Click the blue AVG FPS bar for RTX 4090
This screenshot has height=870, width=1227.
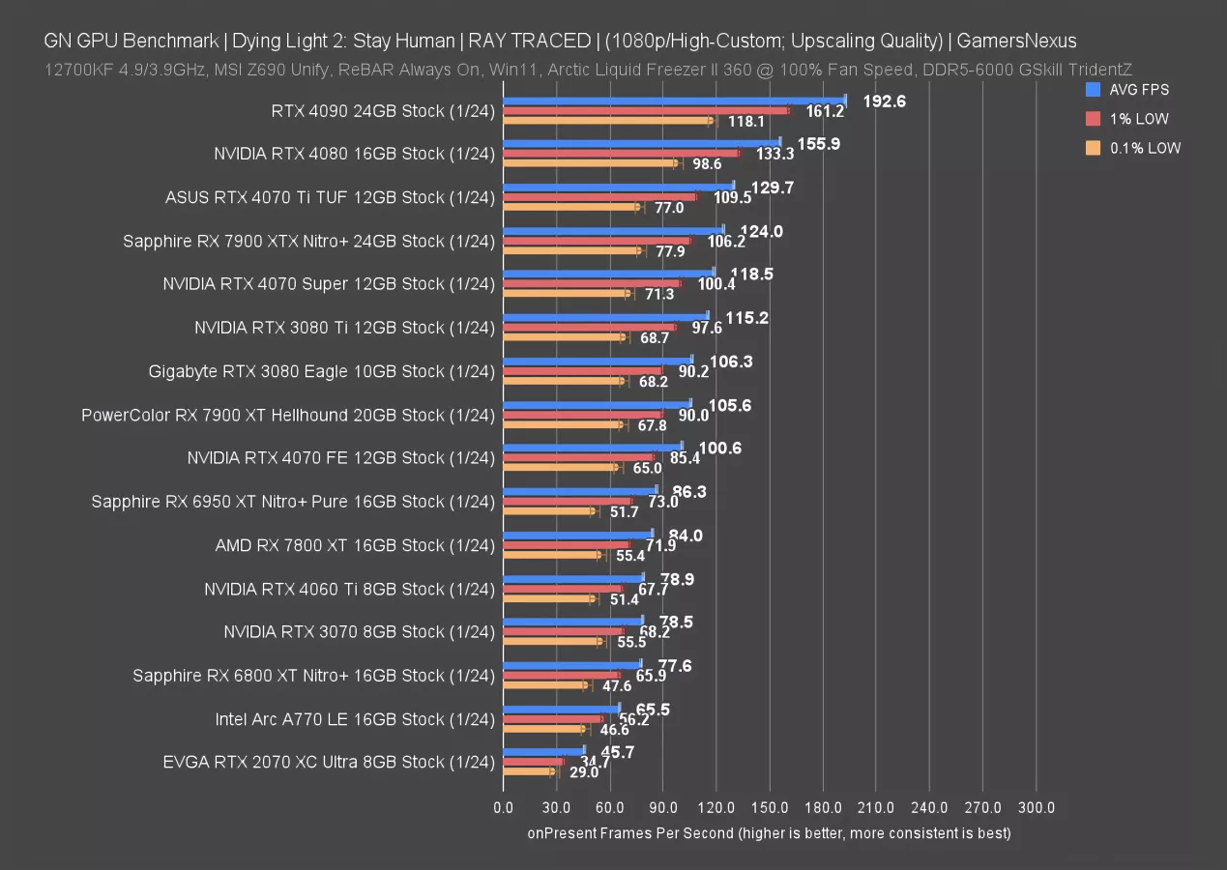point(674,100)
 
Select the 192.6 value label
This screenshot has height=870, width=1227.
point(884,101)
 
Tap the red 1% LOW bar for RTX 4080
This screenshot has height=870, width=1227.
point(621,153)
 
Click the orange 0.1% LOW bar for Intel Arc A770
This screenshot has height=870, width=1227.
point(544,729)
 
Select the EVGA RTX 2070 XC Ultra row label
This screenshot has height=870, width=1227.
point(329,762)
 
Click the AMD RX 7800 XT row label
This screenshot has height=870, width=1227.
point(355,545)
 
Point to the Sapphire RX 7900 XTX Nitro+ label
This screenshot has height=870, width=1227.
point(308,241)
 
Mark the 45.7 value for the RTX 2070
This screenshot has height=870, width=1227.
point(618,751)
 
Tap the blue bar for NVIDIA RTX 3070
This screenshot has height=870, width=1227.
point(572,621)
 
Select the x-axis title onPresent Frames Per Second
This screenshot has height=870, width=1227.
point(769,832)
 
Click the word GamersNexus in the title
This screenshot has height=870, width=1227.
point(1016,41)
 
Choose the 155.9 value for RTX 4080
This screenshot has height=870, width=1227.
point(819,143)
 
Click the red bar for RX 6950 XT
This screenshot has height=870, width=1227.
point(567,501)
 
